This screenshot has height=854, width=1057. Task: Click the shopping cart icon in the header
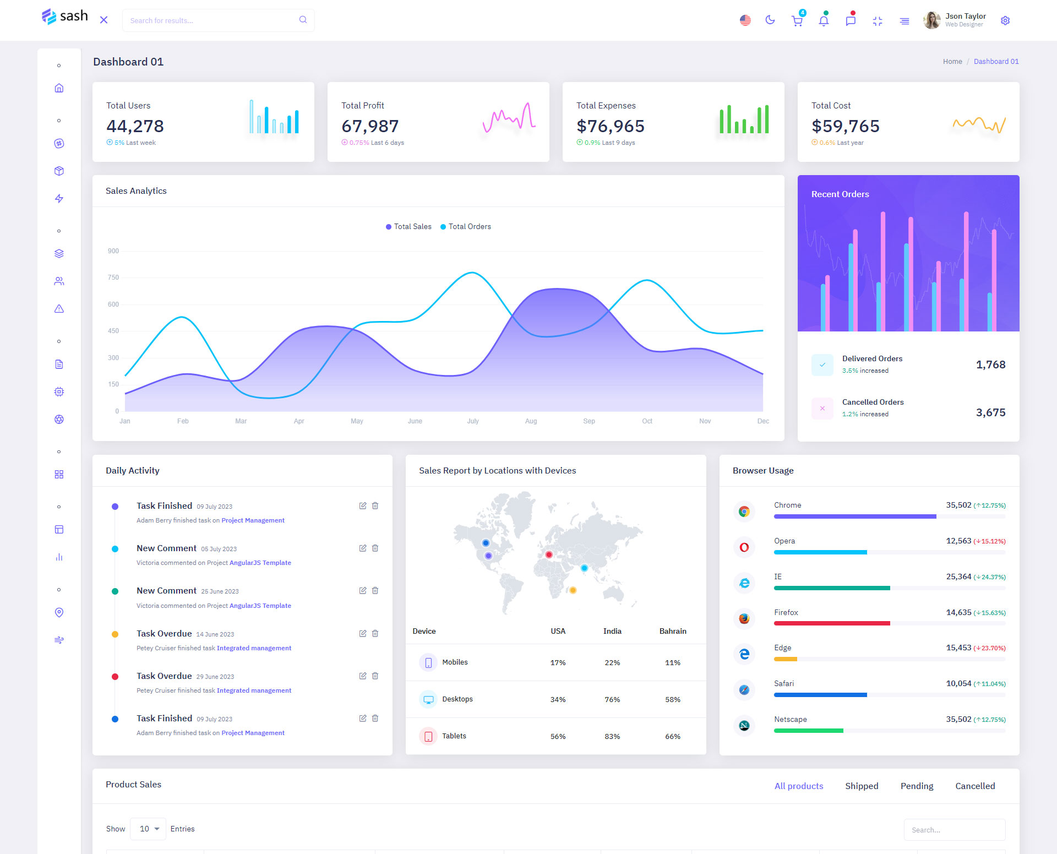pyautogui.click(x=797, y=21)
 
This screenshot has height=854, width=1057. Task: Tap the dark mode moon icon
pyautogui.click(x=770, y=20)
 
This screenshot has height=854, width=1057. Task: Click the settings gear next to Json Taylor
pyautogui.click(x=1005, y=20)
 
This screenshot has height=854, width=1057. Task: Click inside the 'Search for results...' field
pyautogui.click(x=213, y=20)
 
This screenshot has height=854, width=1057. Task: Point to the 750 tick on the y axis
pyautogui.click(x=113, y=278)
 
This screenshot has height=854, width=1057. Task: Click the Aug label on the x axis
pyautogui.click(x=531, y=421)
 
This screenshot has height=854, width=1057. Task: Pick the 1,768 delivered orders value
pyautogui.click(x=990, y=365)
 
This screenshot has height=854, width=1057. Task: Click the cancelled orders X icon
pyautogui.click(x=822, y=408)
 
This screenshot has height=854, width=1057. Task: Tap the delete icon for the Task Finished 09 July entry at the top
pyautogui.click(x=375, y=505)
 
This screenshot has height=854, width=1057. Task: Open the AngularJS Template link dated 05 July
pyautogui.click(x=260, y=563)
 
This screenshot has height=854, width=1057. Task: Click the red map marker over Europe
pyautogui.click(x=548, y=554)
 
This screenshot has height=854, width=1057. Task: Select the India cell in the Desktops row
pyautogui.click(x=612, y=699)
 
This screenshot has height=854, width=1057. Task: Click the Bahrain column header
pyautogui.click(x=673, y=631)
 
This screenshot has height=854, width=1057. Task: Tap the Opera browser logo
pyautogui.click(x=744, y=547)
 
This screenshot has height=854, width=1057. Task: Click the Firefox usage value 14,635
pyautogui.click(x=958, y=612)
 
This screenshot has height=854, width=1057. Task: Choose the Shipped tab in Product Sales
pyautogui.click(x=862, y=786)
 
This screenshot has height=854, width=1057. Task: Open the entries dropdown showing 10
pyautogui.click(x=148, y=829)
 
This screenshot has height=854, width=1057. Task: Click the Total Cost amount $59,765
pyautogui.click(x=846, y=126)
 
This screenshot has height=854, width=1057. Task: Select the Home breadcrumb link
pyautogui.click(x=952, y=62)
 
